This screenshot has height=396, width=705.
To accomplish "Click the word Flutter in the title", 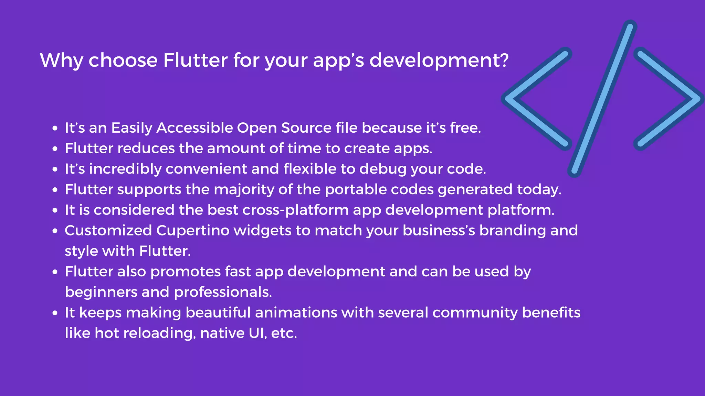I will (x=195, y=60).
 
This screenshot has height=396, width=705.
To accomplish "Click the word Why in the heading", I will (x=61, y=61).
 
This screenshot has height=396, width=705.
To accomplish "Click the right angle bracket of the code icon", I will (x=671, y=99).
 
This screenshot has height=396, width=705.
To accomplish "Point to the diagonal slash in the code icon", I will (x=602, y=99).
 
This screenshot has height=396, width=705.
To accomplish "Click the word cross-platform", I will (x=295, y=210).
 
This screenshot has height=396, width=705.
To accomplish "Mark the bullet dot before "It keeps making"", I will (x=55, y=313).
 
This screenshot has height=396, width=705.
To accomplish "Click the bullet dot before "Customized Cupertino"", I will (x=55, y=231).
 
